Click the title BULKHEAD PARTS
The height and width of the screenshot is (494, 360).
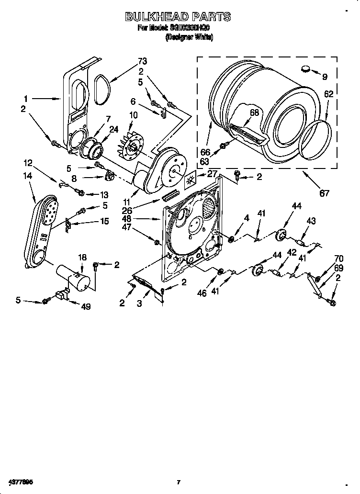[178, 17]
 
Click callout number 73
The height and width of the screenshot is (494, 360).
[142, 61]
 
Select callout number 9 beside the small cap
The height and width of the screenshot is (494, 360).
[325, 76]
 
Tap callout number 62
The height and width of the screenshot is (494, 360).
[328, 94]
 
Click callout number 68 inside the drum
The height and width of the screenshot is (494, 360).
[254, 113]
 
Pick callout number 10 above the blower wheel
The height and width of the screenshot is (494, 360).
[133, 115]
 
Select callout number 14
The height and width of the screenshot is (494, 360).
[27, 176]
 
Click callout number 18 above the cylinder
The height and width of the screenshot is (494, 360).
[82, 258]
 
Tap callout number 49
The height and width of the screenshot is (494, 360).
[86, 307]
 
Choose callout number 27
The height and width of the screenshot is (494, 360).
[212, 175]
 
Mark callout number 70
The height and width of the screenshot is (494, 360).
[326, 258]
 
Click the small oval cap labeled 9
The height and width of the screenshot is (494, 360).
[306, 69]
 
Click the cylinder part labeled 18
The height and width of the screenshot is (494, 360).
[72, 278]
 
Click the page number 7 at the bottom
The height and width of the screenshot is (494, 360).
[178, 482]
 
